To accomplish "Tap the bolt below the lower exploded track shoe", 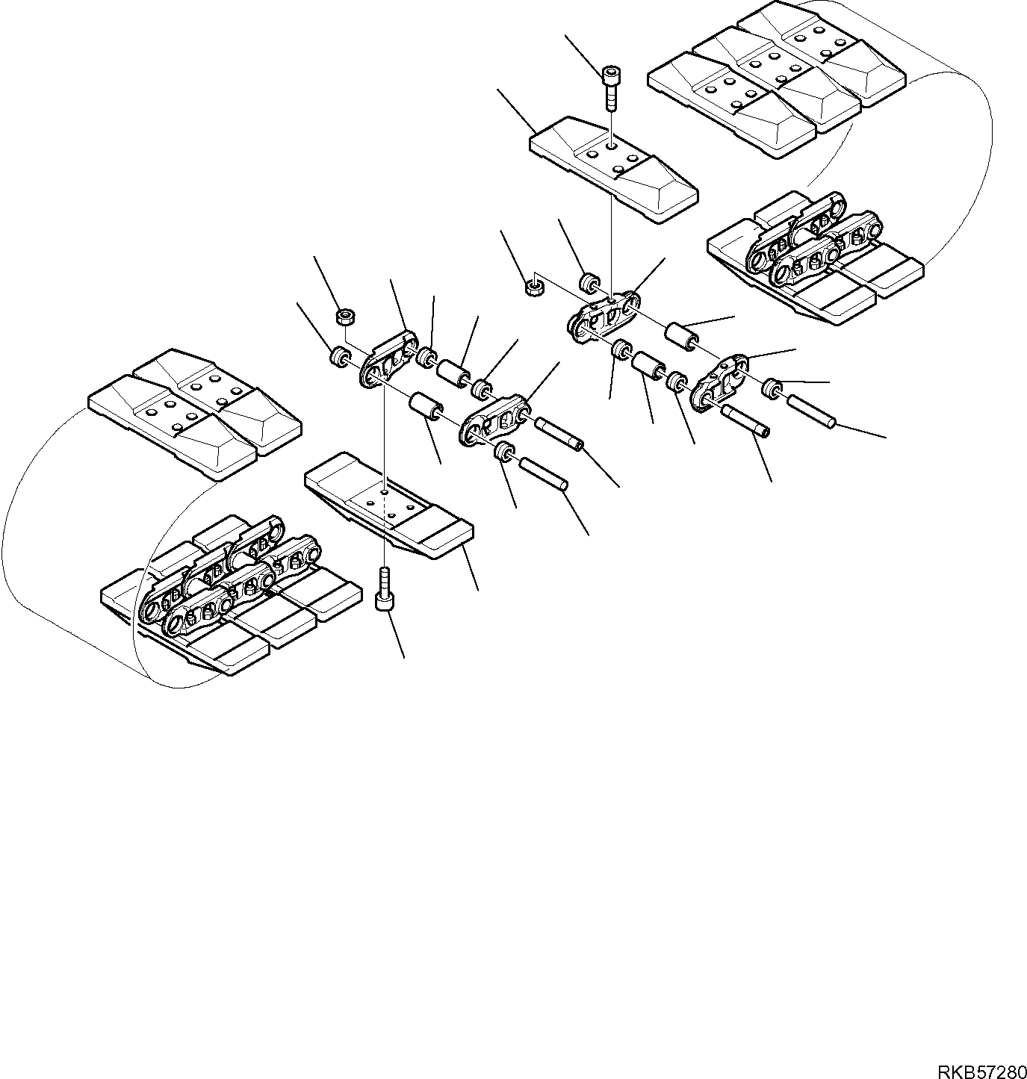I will coord(384,591).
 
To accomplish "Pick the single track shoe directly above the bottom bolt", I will coord(389,504).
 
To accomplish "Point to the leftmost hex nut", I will coord(345,317).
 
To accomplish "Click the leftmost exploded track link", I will coord(387,361).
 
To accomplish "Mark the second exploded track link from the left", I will coord(497,420).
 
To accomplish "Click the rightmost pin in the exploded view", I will coord(810,412).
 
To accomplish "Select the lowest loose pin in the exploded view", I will coord(544,475).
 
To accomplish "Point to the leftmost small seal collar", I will coord(341,356).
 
